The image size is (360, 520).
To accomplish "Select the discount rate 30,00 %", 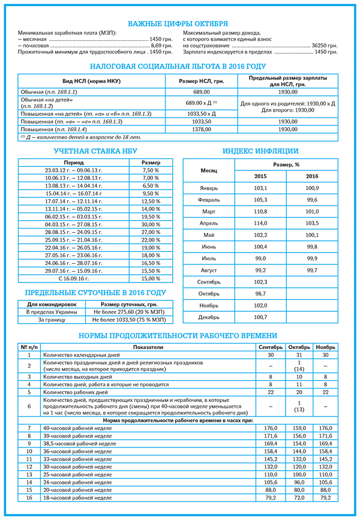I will [151, 224].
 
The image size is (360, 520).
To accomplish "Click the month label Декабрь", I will [209, 317].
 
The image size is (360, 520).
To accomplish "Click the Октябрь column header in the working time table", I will [298, 347].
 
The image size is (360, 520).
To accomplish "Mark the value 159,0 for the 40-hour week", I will [298, 428].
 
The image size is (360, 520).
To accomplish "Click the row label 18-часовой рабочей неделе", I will [77, 498].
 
